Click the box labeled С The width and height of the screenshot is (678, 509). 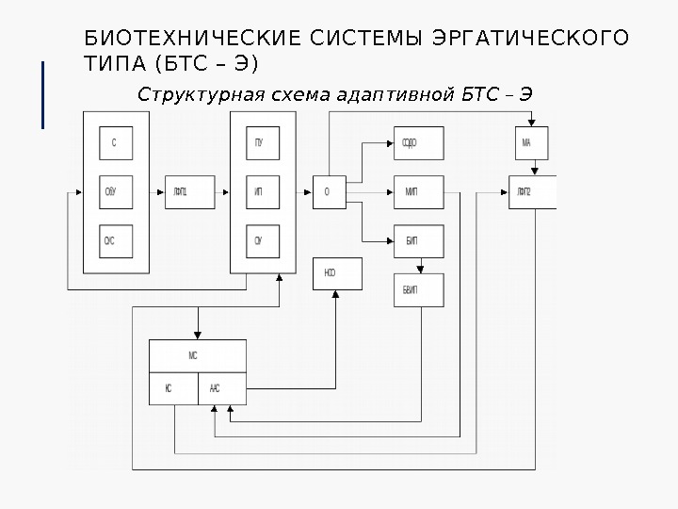pos(115,143)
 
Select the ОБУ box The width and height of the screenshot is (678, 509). pos(115,192)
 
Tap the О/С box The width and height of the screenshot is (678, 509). pos(115,241)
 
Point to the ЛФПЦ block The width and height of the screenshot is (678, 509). pos(180,192)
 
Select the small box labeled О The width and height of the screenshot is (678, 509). pos(328,192)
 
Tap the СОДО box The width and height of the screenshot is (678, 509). pos(411,143)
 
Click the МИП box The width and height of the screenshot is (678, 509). pos(411,192)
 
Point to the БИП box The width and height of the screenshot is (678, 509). pos(411,241)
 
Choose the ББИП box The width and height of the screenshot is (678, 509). pos(411,289)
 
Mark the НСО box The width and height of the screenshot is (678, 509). pos(330,273)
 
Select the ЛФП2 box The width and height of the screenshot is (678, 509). pos(531,192)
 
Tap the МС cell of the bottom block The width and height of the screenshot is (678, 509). pos(197,355)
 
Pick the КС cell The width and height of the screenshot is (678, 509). pos(173,387)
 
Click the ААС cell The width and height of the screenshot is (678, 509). pos(221,387)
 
